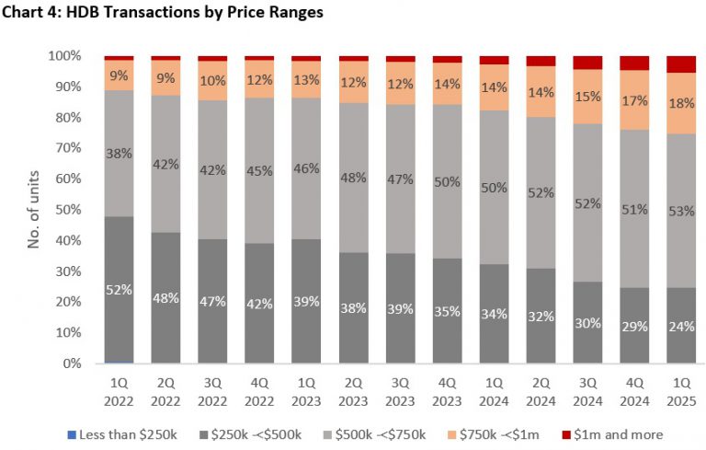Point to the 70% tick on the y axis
pyautogui.click(x=67, y=148)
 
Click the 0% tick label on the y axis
pyautogui.click(x=74, y=363)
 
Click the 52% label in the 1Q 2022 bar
pyautogui.click(x=119, y=290)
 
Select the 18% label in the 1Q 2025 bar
pyautogui.click(x=680, y=103)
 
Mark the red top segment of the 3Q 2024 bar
pyautogui.click(x=586, y=63)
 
